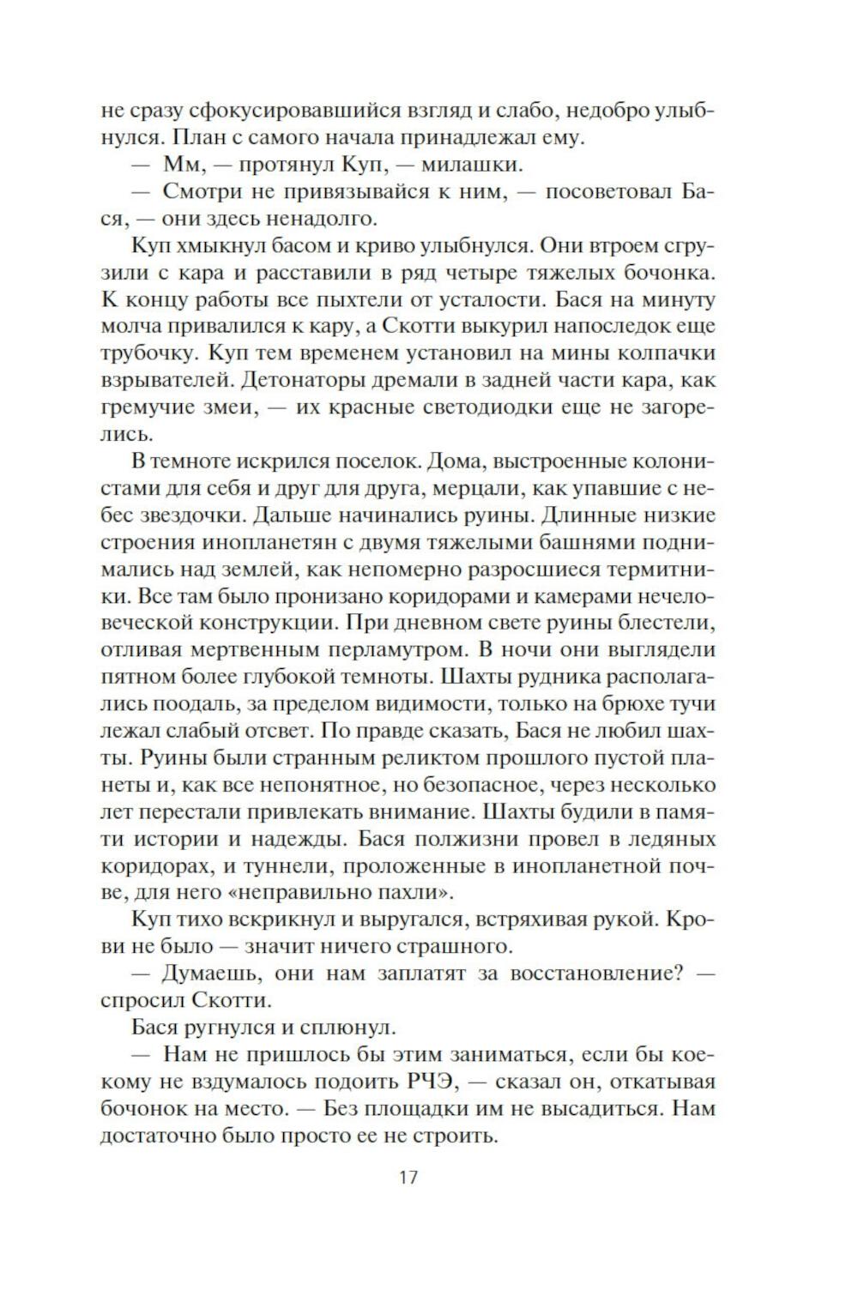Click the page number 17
click(408, 1177)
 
